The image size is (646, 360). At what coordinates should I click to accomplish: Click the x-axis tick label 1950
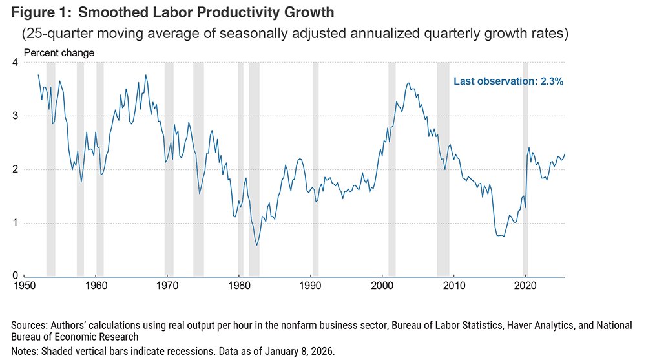24,285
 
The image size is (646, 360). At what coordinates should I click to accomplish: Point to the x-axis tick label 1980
238,285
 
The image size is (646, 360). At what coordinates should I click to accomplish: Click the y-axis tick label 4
14,62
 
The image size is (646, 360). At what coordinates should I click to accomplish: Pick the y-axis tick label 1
14,223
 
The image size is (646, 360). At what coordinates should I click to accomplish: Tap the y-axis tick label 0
14,276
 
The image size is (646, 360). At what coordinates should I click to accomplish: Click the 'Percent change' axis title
59,52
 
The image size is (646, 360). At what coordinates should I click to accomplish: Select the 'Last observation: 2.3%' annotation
508,81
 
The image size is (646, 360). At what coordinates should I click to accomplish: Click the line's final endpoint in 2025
565,154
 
